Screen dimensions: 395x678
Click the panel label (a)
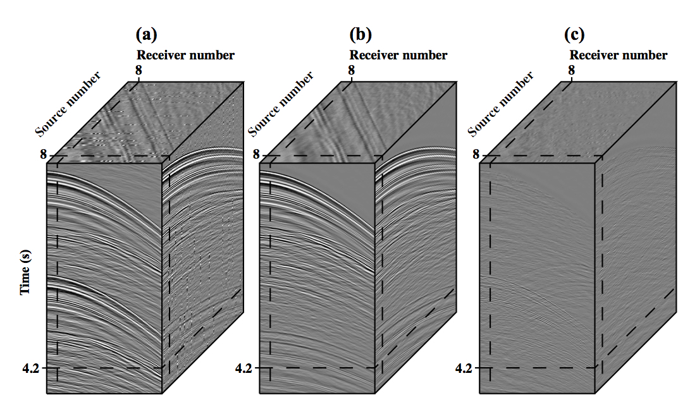[146, 33]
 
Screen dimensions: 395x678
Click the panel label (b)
[360, 33]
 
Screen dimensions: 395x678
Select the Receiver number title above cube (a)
[185, 55]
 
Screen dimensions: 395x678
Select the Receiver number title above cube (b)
[398, 55]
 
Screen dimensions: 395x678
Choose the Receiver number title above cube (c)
[618, 55]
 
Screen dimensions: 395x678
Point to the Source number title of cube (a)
[68, 104]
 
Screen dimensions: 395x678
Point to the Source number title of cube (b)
[281, 104]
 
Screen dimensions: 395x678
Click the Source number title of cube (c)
[501, 104]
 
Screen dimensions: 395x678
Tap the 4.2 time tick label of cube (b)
[243, 368]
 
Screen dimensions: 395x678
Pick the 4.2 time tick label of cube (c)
[464, 368]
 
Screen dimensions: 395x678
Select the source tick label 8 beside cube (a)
[44, 154]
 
